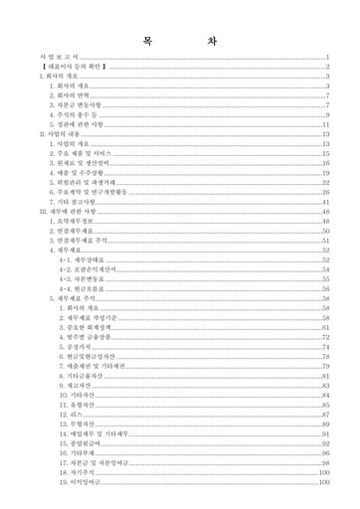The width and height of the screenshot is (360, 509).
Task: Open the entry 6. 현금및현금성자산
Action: (x=88, y=356)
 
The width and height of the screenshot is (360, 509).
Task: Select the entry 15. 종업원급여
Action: (x=82, y=443)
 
